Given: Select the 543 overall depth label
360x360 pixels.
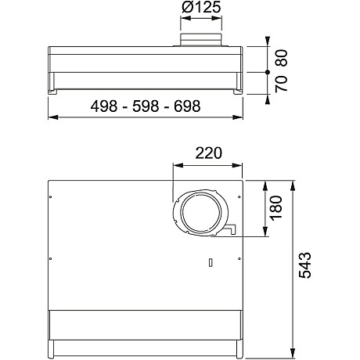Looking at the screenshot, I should pos(307,266).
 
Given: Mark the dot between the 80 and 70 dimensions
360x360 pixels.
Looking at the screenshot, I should pos(267,71).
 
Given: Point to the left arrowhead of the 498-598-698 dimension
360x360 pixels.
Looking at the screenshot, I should pos(52,118).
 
